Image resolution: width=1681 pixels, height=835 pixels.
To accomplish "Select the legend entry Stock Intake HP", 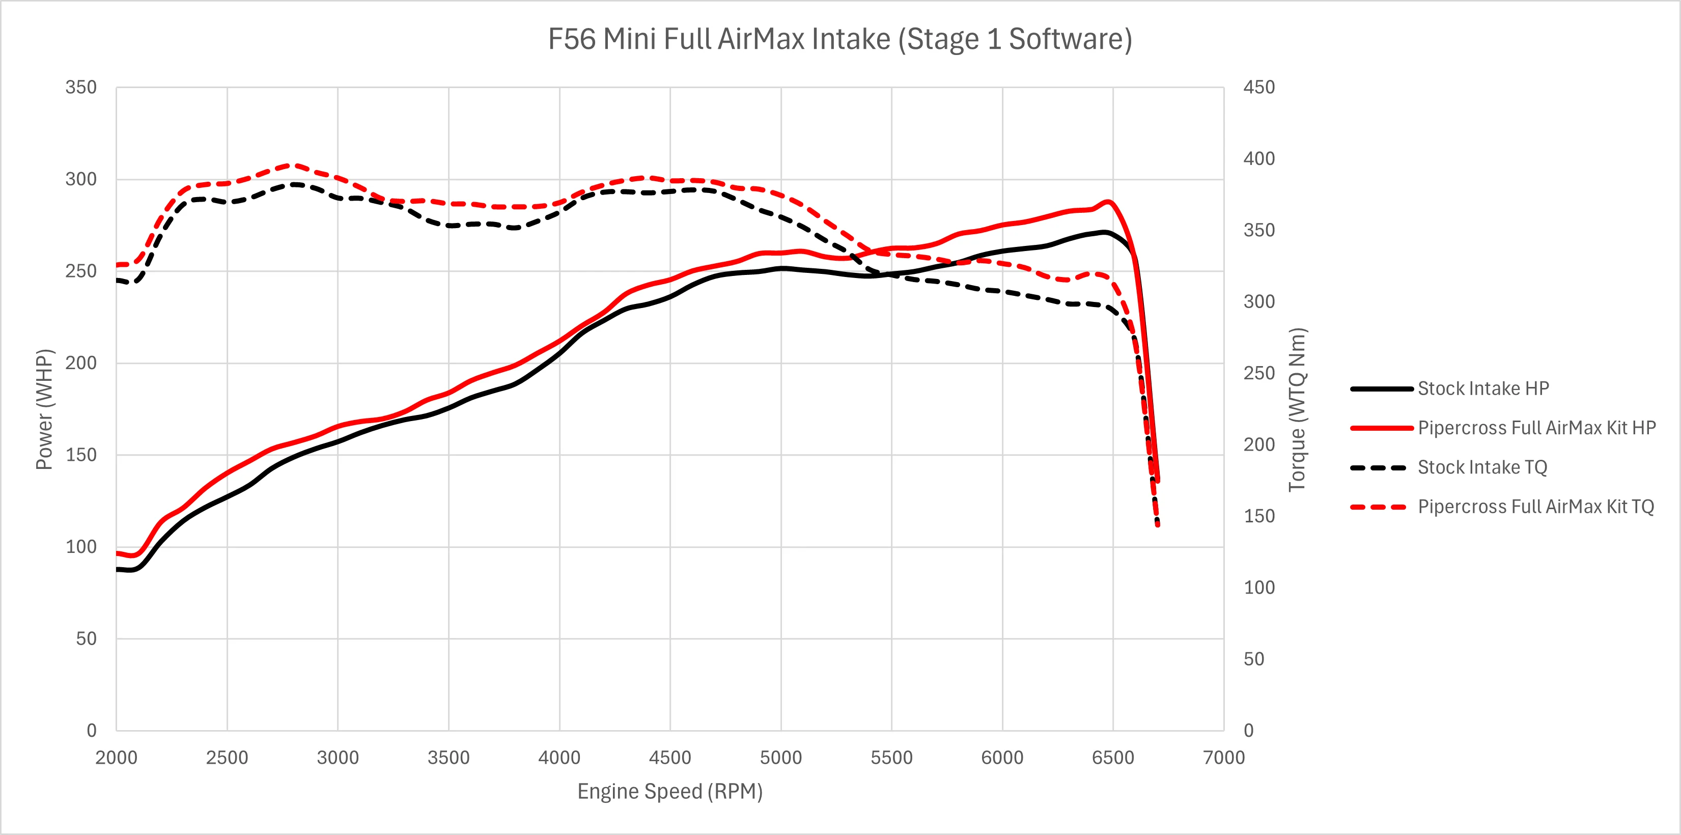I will click(1482, 388).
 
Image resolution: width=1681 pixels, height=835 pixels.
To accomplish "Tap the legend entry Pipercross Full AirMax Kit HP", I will click(1536, 428).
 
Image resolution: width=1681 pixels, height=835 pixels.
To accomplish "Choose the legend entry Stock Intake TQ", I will click(1482, 467).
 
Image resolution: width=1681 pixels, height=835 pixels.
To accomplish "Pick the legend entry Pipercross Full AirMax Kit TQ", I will click(1535, 507).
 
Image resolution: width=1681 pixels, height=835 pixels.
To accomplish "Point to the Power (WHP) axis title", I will click(44, 409).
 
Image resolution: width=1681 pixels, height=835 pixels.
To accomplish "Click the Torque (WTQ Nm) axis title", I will click(1297, 409).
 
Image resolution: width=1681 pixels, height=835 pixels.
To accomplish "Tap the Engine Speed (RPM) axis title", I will click(669, 791).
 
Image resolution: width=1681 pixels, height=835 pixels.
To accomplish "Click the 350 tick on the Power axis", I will click(81, 88).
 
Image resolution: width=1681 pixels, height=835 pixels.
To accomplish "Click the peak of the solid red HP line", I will click(1108, 201).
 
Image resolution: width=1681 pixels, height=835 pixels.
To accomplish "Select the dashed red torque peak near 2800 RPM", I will click(294, 164).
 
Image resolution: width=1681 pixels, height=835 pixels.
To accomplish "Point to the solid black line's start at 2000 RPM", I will click(118, 569).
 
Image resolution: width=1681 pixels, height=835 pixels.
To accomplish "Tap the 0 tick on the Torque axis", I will click(1248, 730).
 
